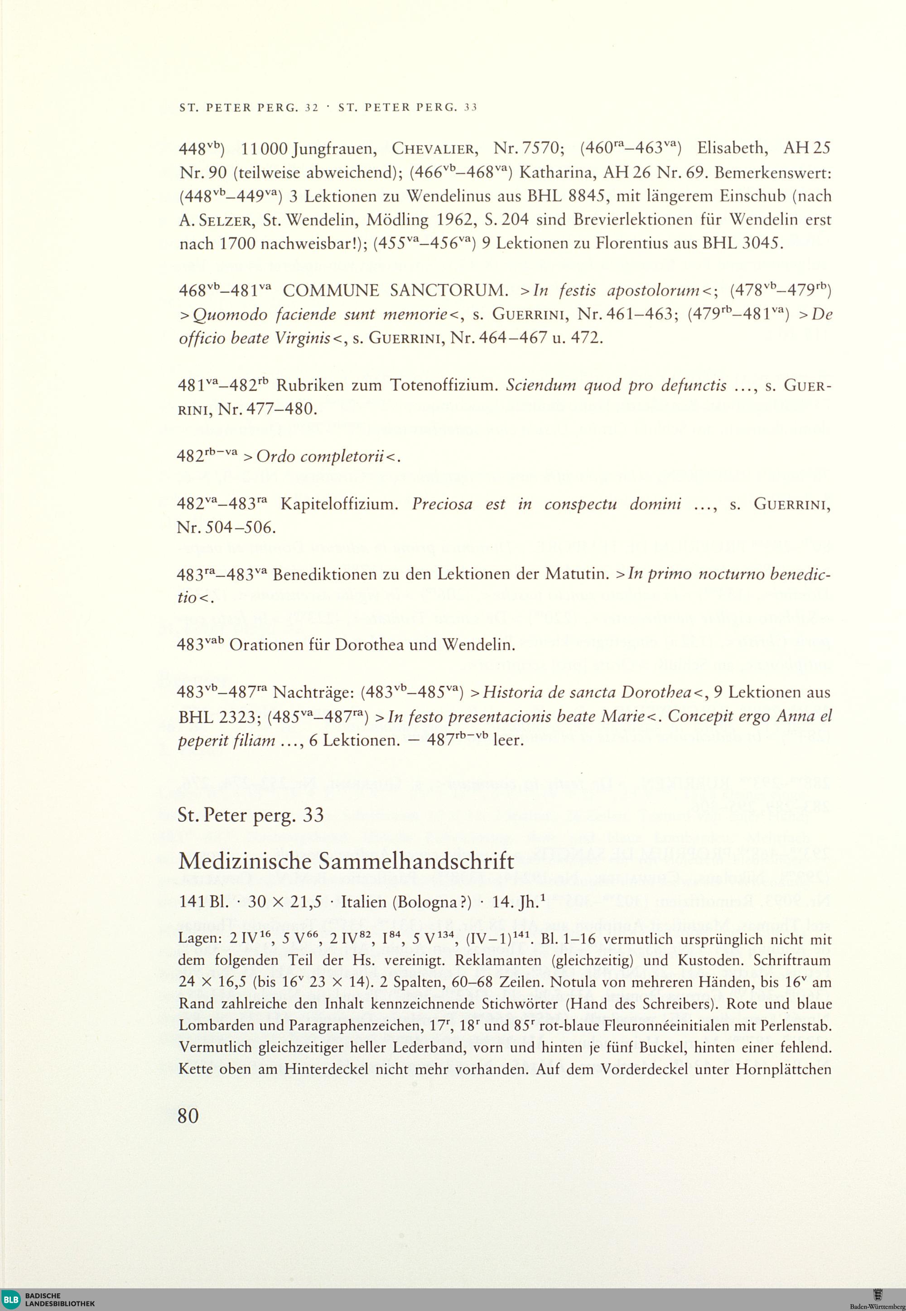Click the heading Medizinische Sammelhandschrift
[x=346, y=861]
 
